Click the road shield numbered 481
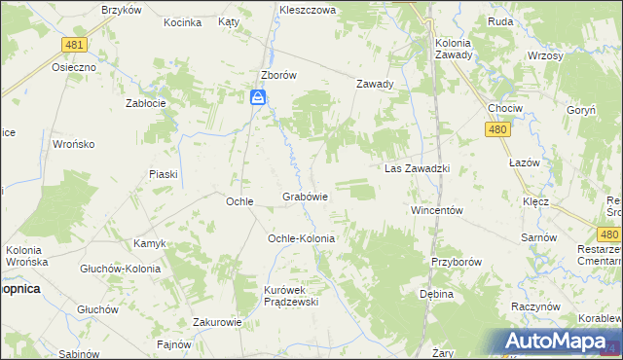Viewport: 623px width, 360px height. point(73,45)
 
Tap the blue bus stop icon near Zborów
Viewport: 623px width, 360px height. point(258,96)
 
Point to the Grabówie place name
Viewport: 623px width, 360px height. point(305,197)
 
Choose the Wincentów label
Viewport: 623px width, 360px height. point(435,210)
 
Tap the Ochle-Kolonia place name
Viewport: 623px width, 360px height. point(302,238)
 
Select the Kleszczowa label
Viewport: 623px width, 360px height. point(307,9)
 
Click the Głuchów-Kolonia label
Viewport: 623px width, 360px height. point(121,269)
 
